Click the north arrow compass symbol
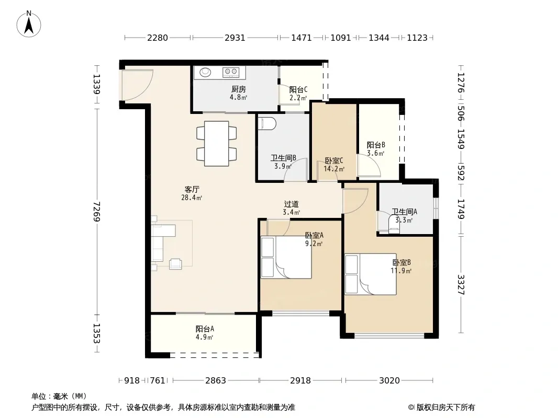pos(29,24)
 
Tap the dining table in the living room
pos(216,144)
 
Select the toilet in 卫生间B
pos(267,123)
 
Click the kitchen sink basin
pos(205,72)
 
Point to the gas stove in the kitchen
pos(231,72)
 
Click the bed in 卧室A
pos(286,257)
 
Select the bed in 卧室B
pos(371,274)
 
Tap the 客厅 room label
pos(192,189)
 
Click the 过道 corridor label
pos(291,204)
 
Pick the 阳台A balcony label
pos(205,329)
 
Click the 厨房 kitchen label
pos(238,89)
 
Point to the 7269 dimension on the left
pos(96,211)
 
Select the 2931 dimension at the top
pos(235,38)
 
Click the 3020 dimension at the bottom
pos(389,381)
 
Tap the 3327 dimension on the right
pos(461,284)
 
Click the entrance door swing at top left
pos(137,85)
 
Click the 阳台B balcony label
pos(376,145)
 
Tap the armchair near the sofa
pos(175,264)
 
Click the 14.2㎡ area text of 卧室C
pos(334,169)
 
